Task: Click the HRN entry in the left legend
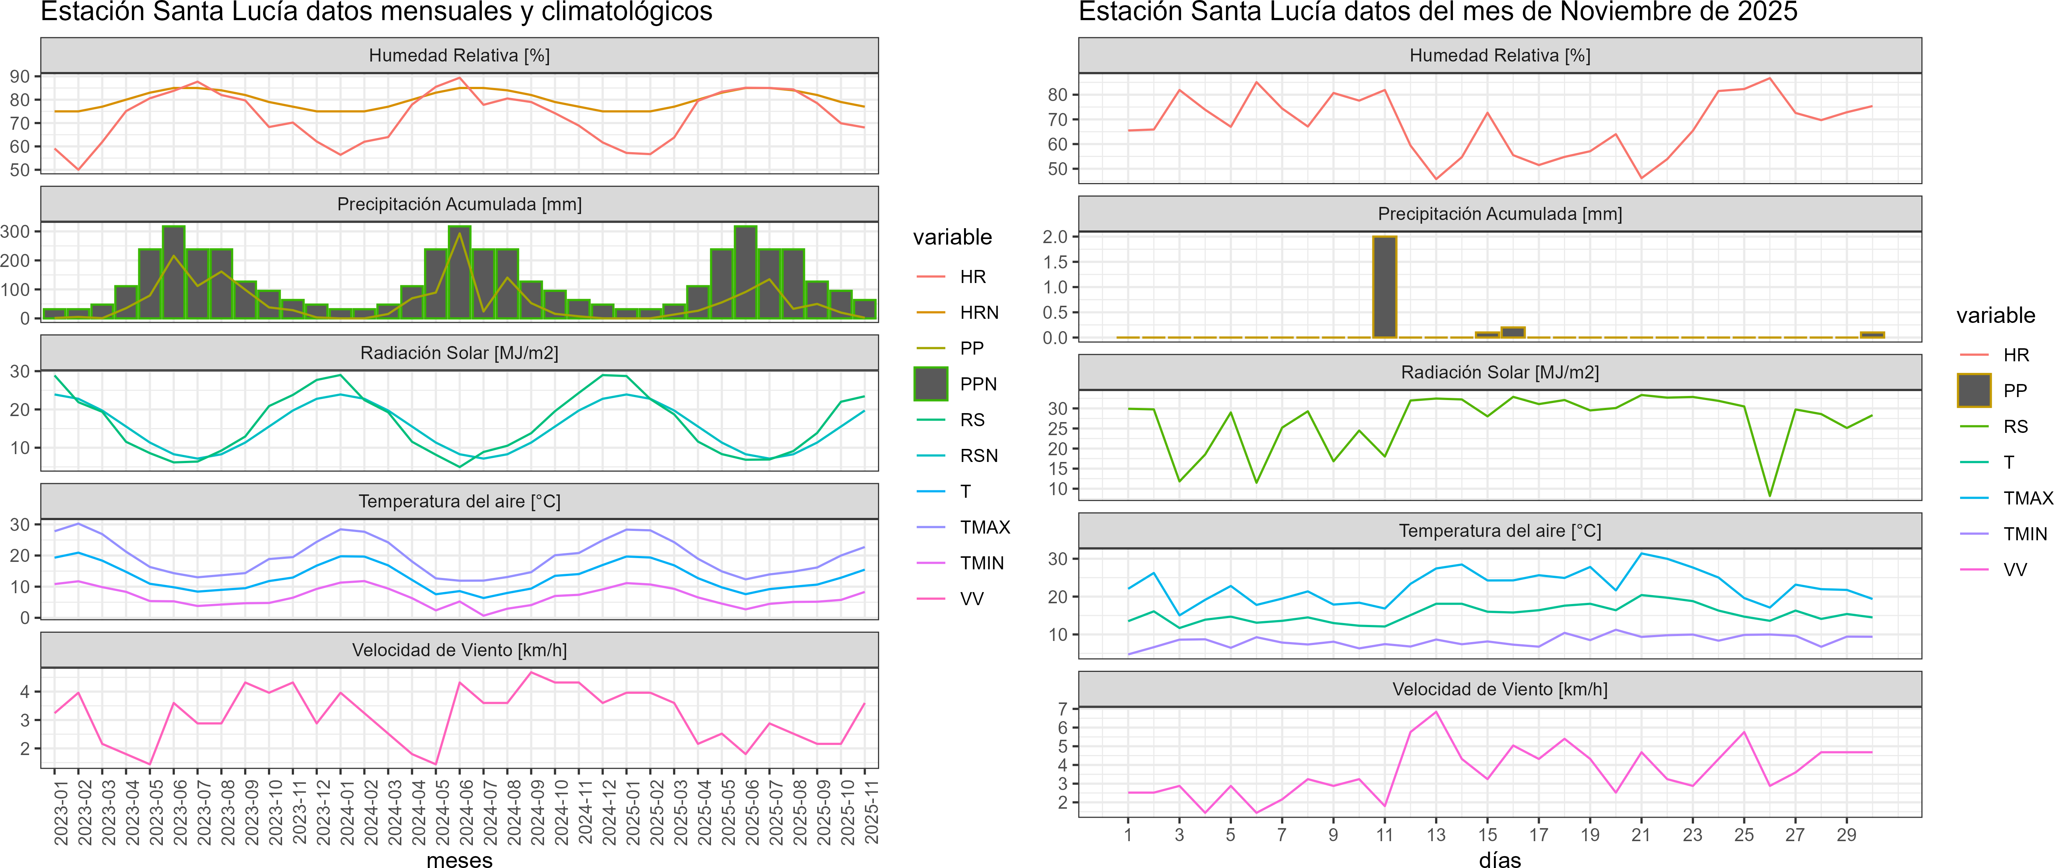click(x=978, y=313)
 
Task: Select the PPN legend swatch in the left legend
click(x=930, y=384)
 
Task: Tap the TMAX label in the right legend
click(x=2028, y=499)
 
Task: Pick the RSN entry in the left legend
click(x=978, y=456)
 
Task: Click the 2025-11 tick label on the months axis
click(x=872, y=812)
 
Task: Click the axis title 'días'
click(x=1500, y=859)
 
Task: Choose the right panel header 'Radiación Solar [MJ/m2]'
click(x=1500, y=372)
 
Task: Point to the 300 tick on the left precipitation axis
click(x=15, y=232)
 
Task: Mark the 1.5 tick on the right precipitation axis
click(x=1055, y=262)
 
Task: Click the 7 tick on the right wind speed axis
click(x=1062, y=708)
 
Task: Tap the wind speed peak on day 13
click(x=1436, y=712)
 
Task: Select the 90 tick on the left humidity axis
click(x=20, y=76)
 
